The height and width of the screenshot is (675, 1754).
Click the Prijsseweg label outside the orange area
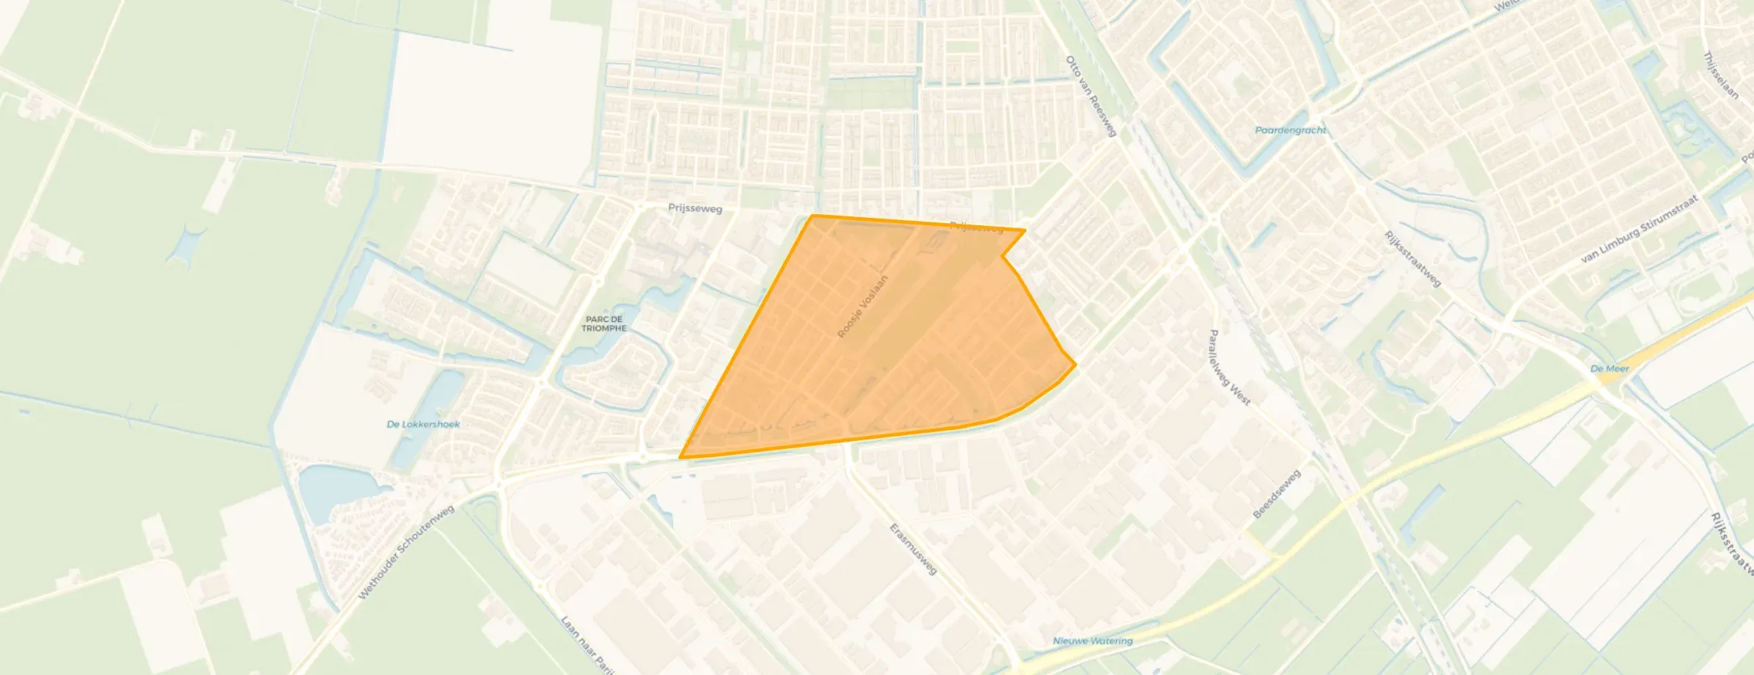click(x=695, y=209)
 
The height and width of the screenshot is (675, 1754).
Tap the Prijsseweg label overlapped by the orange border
click(x=976, y=227)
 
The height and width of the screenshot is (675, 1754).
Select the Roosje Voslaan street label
click(x=863, y=307)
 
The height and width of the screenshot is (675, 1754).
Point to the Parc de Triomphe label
click(x=604, y=324)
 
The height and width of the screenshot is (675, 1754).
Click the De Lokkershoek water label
click(x=423, y=424)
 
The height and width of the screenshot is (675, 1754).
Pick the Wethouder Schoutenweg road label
click(x=406, y=552)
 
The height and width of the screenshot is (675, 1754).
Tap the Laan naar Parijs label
click(x=586, y=644)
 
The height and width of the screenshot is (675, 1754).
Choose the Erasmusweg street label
click(x=913, y=549)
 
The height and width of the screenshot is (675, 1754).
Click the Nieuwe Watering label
click(x=1093, y=641)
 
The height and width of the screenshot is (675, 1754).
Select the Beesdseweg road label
click(x=1277, y=495)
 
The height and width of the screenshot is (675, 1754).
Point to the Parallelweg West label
click(x=1228, y=368)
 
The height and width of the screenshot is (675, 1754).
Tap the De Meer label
click(x=1610, y=368)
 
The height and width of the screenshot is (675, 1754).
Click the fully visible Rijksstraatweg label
click(x=1412, y=258)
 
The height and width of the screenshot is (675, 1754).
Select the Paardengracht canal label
click(x=1291, y=130)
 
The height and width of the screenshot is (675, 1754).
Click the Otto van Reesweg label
click(x=1090, y=96)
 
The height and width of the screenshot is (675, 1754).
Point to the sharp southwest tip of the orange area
click(x=681, y=457)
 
